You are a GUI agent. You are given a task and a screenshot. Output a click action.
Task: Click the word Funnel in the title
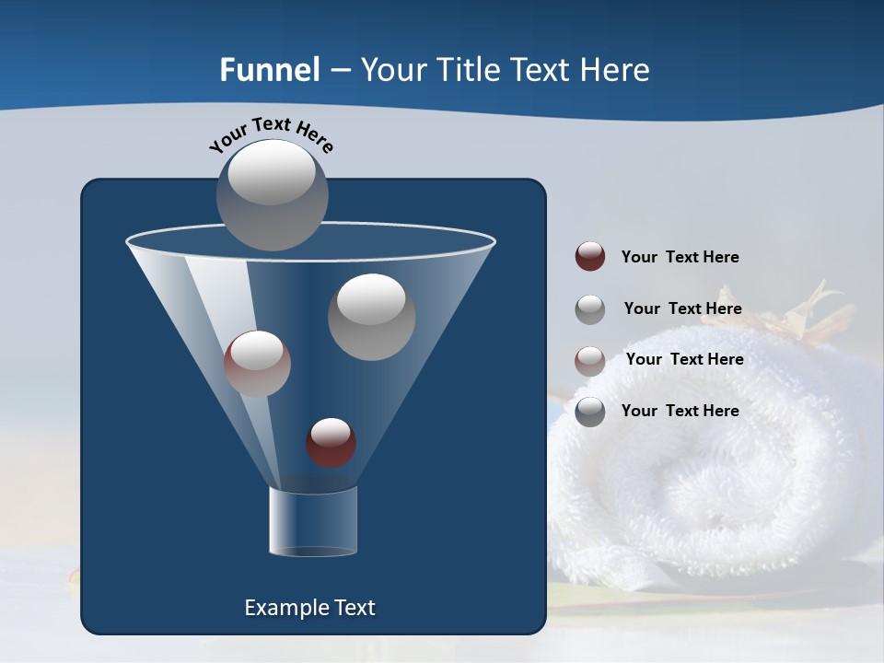[x=269, y=70]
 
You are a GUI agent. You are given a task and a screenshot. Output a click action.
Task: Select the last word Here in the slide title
[x=617, y=70]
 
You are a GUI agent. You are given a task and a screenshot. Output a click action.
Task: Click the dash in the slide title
[x=340, y=71]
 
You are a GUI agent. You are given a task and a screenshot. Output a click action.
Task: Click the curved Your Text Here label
[x=272, y=134]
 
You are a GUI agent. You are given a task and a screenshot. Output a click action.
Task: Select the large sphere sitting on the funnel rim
[x=273, y=194]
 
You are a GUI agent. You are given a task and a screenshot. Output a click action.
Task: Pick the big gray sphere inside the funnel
[x=371, y=317]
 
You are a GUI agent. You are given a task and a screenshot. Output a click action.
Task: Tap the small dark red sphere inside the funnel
[x=331, y=442]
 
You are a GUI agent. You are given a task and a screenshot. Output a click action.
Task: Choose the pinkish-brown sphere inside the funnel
[x=257, y=364]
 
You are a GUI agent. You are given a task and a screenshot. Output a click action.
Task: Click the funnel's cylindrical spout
[x=313, y=521]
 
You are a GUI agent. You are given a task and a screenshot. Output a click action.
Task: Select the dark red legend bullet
[x=589, y=257]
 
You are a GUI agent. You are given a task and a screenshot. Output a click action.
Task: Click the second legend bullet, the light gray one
[x=589, y=308]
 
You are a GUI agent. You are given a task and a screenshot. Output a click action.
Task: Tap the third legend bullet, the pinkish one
[x=589, y=360]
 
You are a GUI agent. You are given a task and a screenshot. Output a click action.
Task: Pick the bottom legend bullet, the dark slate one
[x=589, y=411]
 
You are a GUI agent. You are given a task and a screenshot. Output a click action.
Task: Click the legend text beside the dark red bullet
[x=680, y=257]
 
